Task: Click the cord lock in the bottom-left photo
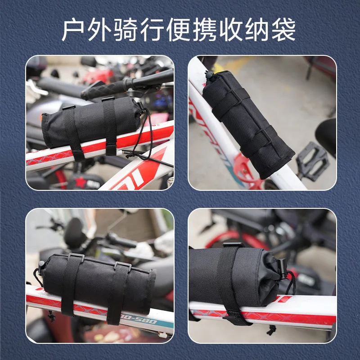pos(41,265)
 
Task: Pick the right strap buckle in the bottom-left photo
pos(123,266)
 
